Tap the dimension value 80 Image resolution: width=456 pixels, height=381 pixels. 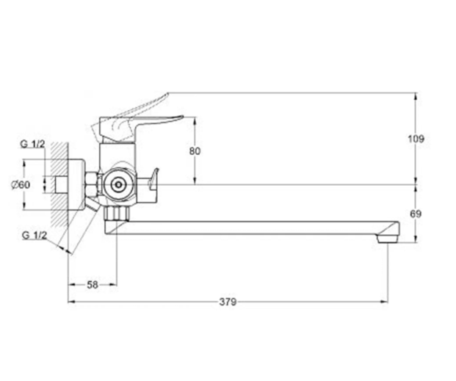[195, 150]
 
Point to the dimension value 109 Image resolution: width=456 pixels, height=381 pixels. [419, 138]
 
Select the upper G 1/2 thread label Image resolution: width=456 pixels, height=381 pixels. [35, 143]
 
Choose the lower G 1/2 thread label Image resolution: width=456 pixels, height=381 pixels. [35, 235]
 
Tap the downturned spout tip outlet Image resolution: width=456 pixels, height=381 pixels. [387, 236]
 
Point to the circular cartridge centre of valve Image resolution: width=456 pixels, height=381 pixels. [116, 186]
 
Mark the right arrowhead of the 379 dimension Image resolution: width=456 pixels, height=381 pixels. [386, 301]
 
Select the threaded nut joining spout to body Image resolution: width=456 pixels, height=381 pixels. [116, 213]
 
